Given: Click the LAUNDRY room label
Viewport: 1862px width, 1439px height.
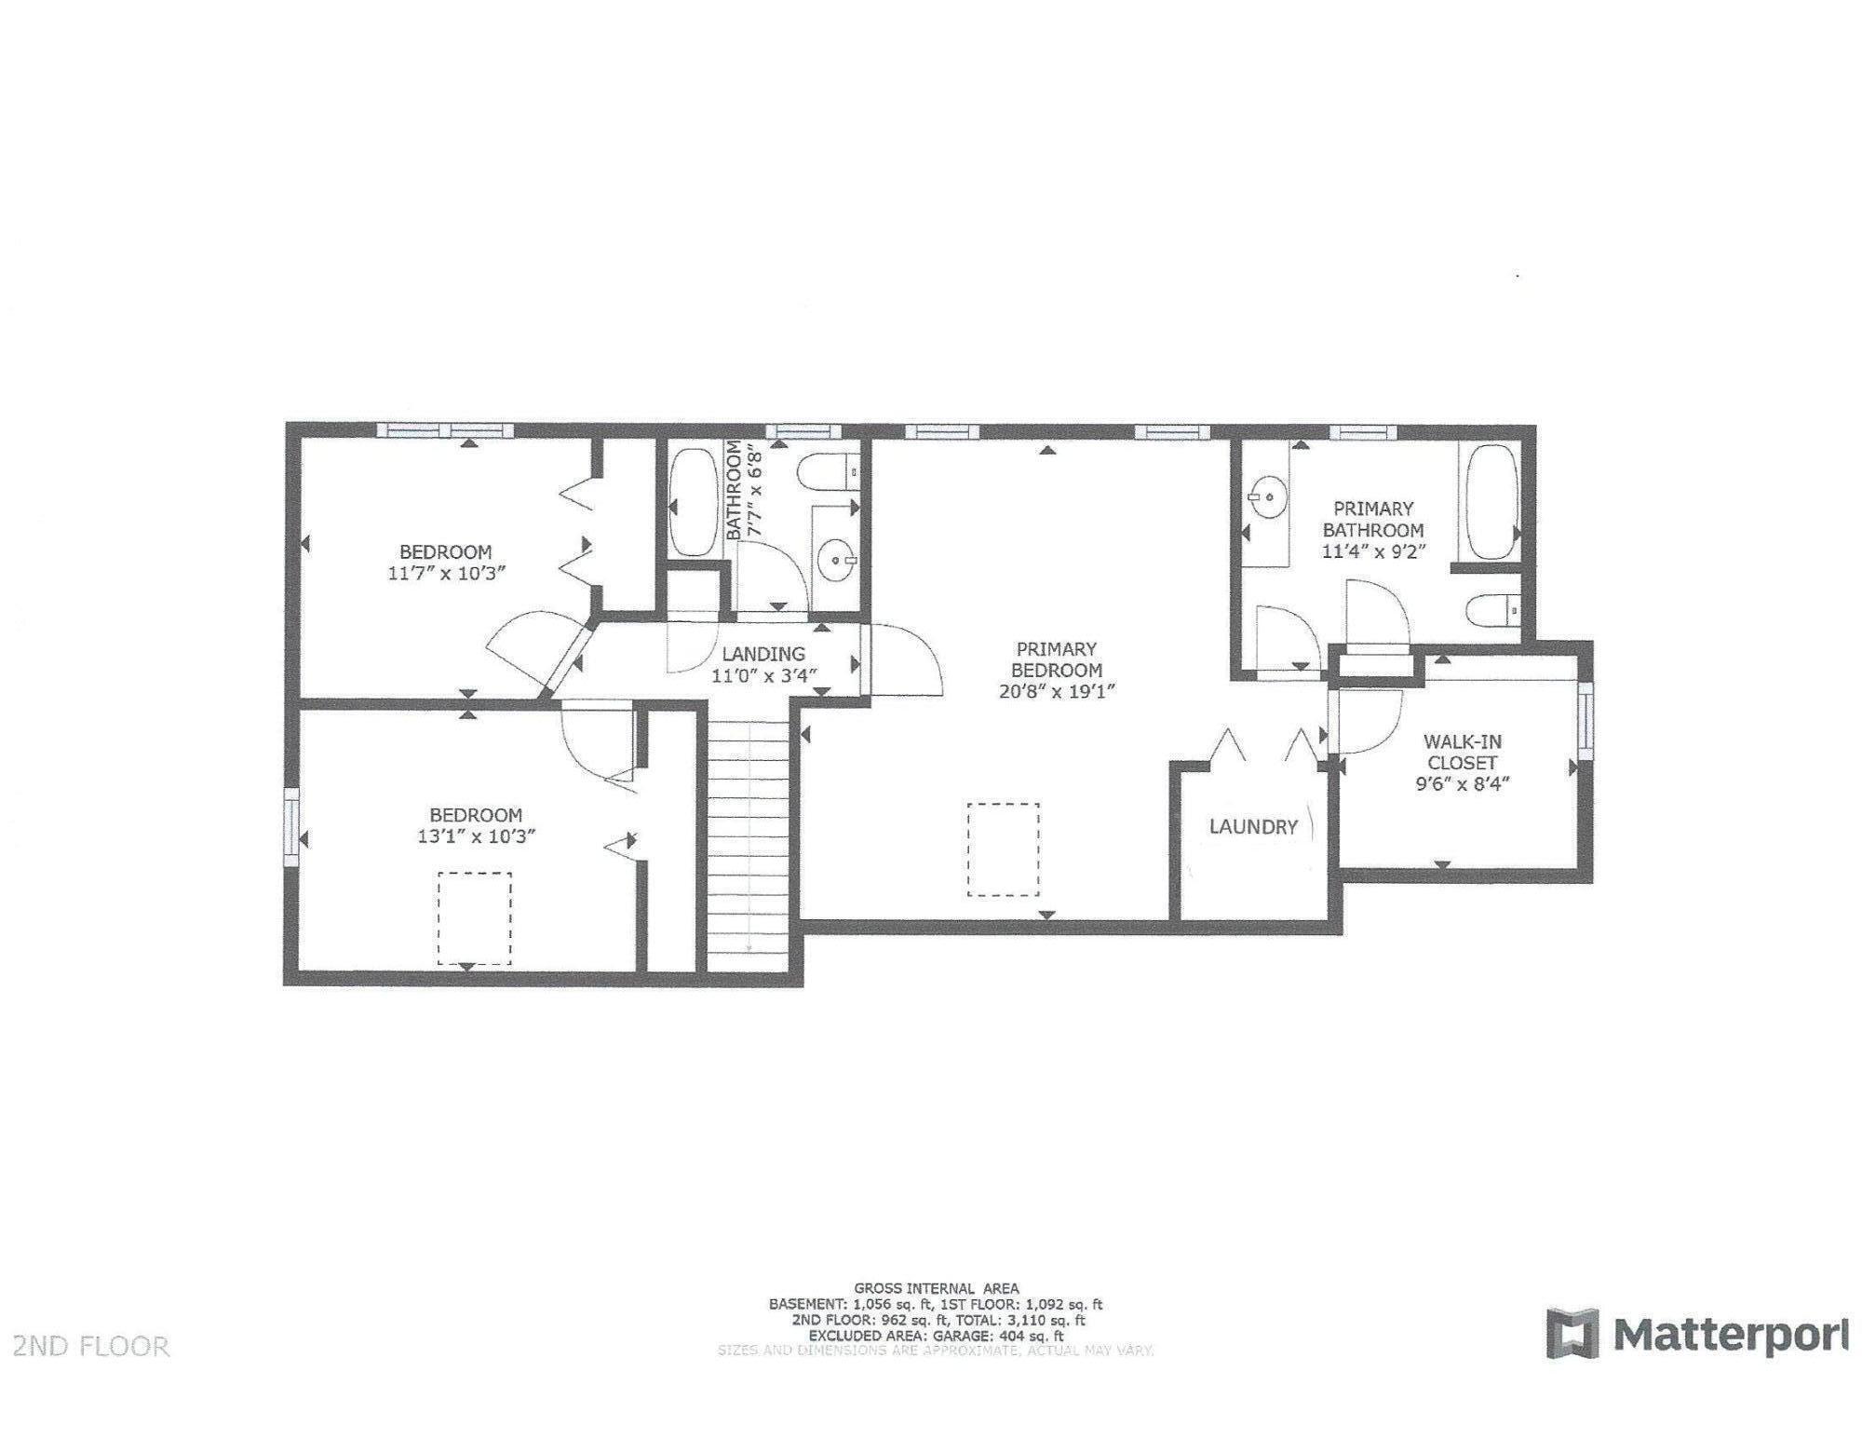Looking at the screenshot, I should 1253,826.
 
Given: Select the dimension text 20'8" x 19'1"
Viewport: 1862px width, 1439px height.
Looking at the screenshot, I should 1057,691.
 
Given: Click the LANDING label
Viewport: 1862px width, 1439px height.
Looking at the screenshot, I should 762,655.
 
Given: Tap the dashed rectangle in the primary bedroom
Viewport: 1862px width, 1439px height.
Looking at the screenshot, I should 1003,849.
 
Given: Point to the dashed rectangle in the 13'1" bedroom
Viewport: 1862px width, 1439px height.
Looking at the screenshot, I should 475,918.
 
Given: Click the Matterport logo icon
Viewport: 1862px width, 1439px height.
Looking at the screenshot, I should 1572,1333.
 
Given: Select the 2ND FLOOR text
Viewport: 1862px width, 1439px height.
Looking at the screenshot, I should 91,1346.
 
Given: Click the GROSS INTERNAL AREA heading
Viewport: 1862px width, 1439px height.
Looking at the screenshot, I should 936,1289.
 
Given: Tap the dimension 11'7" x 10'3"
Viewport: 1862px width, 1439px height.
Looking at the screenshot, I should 446,574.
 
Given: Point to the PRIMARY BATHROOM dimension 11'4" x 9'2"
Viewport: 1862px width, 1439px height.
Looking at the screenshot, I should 1373,550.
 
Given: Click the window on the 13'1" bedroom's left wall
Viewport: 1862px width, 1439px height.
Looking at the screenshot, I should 292,821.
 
